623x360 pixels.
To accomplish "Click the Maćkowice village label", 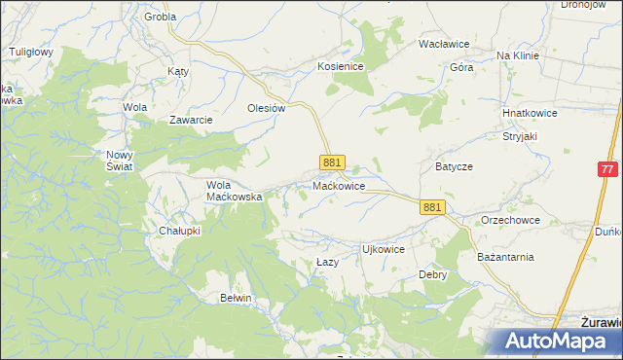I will pyautogui.click(x=339, y=185).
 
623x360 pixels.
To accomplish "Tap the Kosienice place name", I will pyautogui.click(x=340, y=66).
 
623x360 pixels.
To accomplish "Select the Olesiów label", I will pyautogui.click(x=266, y=108).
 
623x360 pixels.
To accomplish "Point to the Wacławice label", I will pyautogui.click(x=444, y=45).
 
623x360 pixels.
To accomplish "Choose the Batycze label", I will pyautogui.click(x=454, y=166).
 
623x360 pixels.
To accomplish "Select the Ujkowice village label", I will pyautogui.click(x=383, y=249).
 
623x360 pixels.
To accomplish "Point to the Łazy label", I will pyautogui.click(x=327, y=264).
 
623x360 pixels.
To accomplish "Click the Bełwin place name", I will pyautogui.click(x=236, y=298).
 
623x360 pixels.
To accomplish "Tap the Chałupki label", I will pyautogui.click(x=179, y=231).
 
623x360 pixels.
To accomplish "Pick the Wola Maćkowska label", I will pyautogui.click(x=235, y=190).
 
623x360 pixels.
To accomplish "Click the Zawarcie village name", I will pyautogui.click(x=191, y=120).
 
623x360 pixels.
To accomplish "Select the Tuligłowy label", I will pyautogui.click(x=30, y=51).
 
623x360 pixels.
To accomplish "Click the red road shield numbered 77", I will pyautogui.click(x=607, y=168).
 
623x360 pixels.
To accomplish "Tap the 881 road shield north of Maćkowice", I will pyautogui.click(x=332, y=162).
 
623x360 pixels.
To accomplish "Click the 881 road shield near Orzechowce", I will pyautogui.click(x=433, y=207).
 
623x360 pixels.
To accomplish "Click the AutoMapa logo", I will pyautogui.click(x=550, y=342).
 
